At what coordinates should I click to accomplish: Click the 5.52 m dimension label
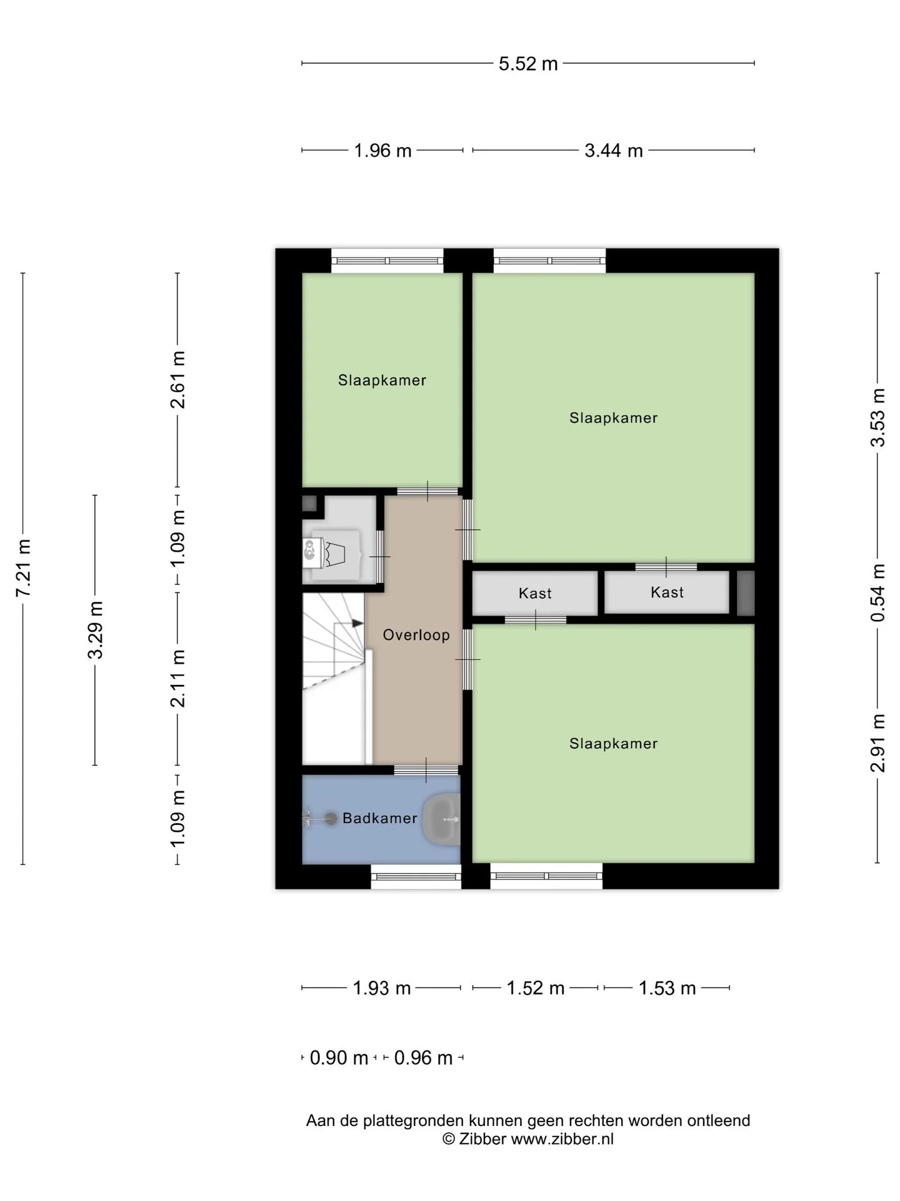(528, 64)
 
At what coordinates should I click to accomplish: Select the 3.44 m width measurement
(614, 151)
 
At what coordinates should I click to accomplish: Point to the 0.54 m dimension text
(878, 592)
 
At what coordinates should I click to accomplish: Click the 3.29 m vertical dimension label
(96, 630)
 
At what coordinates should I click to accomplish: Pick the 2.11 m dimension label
(178, 679)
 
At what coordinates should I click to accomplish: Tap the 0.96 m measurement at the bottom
(423, 1058)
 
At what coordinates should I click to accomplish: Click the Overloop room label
(416, 635)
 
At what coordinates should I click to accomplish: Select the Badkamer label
(380, 818)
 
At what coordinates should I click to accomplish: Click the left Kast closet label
(535, 593)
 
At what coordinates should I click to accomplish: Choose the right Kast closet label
(667, 592)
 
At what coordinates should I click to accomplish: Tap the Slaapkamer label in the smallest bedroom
(382, 380)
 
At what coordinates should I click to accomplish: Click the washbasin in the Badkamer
(442, 818)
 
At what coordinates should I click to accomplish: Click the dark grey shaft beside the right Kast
(746, 592)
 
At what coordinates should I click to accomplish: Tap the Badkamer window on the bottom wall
(416, 876)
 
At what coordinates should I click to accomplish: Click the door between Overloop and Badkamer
(426, 770)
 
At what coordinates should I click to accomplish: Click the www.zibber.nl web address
(562, 1139)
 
